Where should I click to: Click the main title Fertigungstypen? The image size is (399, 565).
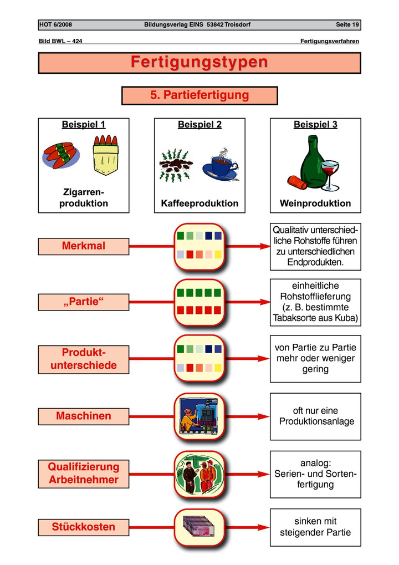199,62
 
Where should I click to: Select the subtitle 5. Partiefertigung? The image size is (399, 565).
199,95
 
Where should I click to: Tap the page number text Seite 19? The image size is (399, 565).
347,24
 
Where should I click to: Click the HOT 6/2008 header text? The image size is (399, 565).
55,24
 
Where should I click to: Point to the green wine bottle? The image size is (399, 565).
312,160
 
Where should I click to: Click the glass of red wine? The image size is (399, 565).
330,175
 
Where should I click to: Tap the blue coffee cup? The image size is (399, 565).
221,168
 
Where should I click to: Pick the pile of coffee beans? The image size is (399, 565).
175,165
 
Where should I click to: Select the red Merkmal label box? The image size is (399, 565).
84,246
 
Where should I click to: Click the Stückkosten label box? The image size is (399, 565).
84,527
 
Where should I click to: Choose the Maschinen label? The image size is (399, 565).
84,416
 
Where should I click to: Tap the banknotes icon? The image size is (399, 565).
199,526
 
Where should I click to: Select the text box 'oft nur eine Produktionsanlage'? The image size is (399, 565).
315,416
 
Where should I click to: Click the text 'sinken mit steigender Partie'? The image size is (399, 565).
315,527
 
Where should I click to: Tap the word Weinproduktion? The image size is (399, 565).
315,203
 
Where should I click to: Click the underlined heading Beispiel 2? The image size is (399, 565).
199,125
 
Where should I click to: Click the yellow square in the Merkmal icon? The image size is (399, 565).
218,254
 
